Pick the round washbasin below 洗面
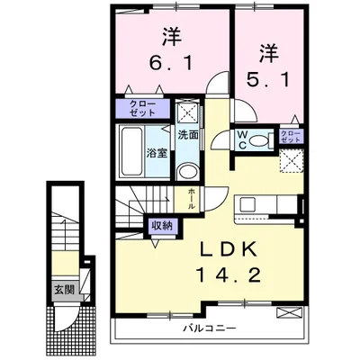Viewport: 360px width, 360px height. point(187,172)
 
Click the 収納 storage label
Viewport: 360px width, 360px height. point(161,226)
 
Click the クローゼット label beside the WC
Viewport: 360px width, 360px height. point(290,137)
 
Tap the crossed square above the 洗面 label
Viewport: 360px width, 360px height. point(187,112)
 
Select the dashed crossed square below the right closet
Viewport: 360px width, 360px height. point(290,160)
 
